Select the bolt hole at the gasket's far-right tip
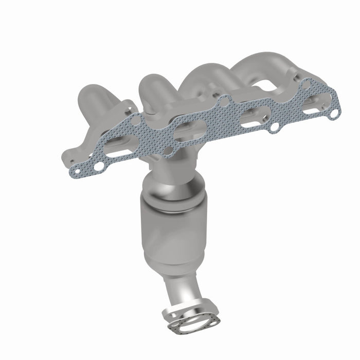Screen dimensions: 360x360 click(x=334, y=112)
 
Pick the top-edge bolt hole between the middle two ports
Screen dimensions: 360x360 click(x=223, y=103)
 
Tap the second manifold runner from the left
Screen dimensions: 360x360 click(x=154, y=90)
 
